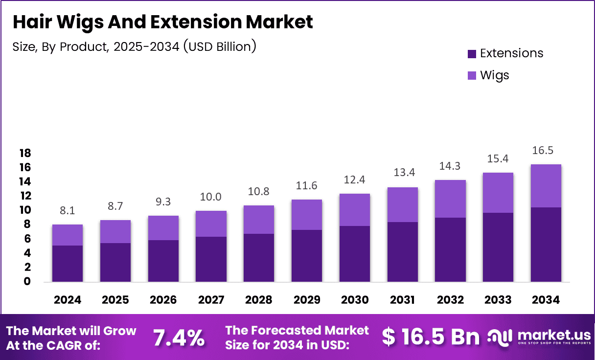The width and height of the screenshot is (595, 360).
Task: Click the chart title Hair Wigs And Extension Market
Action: click(162, 22)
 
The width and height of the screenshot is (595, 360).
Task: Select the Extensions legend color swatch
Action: click(472, 53)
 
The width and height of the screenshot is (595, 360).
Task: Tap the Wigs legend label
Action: click(494, 75)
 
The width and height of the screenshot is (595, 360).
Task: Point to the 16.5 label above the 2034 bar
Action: click(546, 150)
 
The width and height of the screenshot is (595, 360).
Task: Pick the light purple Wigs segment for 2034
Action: click(546, 186)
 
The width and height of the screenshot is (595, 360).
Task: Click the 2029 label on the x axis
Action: click(306, 300)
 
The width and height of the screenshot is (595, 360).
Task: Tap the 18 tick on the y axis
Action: click(25, 153)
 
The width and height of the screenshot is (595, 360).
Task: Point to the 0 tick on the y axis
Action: click(27, 281)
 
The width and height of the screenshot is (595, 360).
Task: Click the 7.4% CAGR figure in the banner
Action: click(179, 337)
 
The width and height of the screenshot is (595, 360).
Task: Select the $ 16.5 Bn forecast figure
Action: click(431, 337)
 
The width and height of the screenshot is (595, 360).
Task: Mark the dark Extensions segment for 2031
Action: click(402, 251)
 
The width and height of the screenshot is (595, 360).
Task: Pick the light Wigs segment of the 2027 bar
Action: click(211, 224)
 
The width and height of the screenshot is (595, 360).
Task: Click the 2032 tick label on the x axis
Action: click(450, 300)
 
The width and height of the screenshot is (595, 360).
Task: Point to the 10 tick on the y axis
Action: click(25, 210)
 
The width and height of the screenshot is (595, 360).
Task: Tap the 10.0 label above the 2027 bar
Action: click(211, 197)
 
